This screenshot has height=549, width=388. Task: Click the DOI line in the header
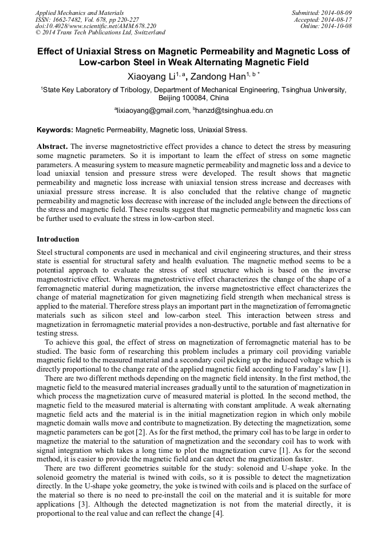pos(96,26)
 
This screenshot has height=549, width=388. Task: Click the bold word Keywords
pos(55,130)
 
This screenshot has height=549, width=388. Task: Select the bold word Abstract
pos(52,146)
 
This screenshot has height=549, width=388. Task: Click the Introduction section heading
pos(58,239)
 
